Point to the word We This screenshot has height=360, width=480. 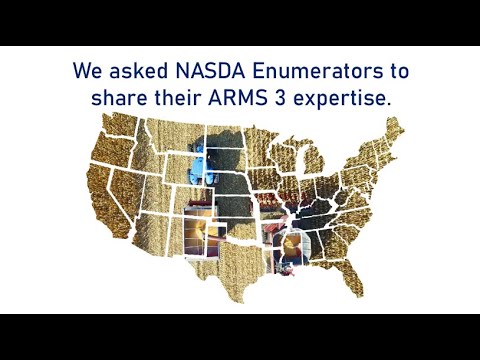(86, 72)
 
